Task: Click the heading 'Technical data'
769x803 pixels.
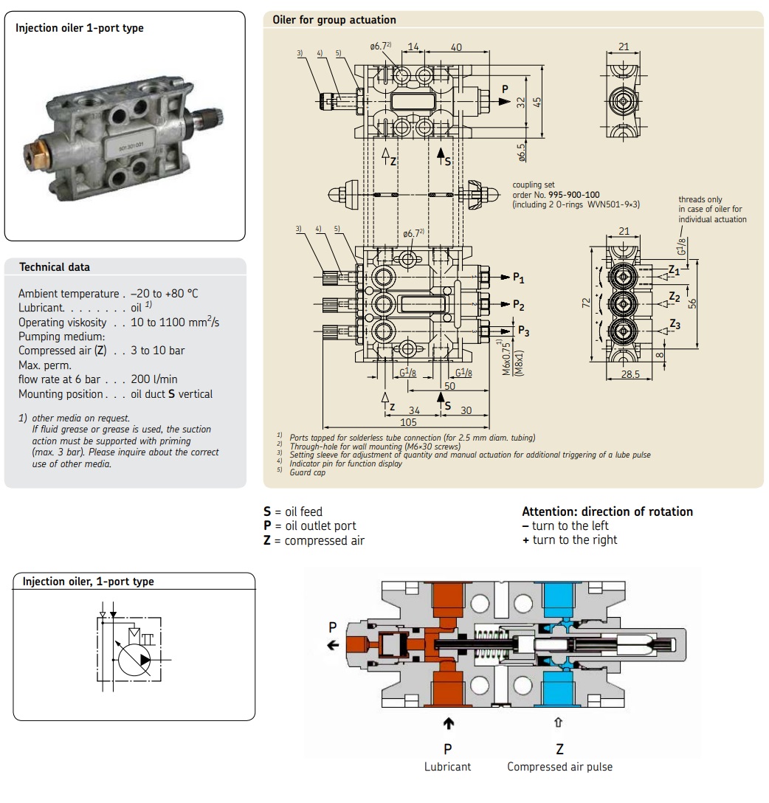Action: click(54, 267)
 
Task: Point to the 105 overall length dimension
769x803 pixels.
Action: click(408, 422)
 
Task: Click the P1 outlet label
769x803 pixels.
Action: click(519, 278)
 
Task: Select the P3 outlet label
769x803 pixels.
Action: click(523, 331)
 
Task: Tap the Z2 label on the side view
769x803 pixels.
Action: click(675, 297)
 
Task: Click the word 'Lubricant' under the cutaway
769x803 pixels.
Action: click(447, 767)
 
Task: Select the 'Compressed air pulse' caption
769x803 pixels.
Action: click(559, 767)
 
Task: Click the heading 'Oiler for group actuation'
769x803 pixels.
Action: click(334, 20)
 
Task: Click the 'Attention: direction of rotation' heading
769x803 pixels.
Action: click(607, 511)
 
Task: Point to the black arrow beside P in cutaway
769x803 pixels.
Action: click(334, 645)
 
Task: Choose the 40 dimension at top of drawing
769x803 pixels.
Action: click(456, 47)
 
